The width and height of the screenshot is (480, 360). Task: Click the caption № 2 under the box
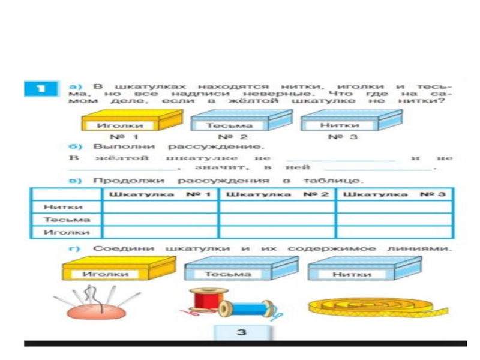pyautogui.click(x=230, y=137)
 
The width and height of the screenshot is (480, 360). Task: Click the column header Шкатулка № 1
pyautogui.click(x=161, y=194)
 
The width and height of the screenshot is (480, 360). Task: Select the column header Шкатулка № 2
pyautogui.click(x=277, y=194)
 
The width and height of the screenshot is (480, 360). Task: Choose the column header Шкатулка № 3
pyautogui.click(x=394, y=194)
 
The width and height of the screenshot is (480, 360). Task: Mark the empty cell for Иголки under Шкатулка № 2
pyautogui.click(x=277, y=232)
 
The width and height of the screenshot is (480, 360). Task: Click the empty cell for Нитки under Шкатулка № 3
pyautogui.click(x=394, y=207)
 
